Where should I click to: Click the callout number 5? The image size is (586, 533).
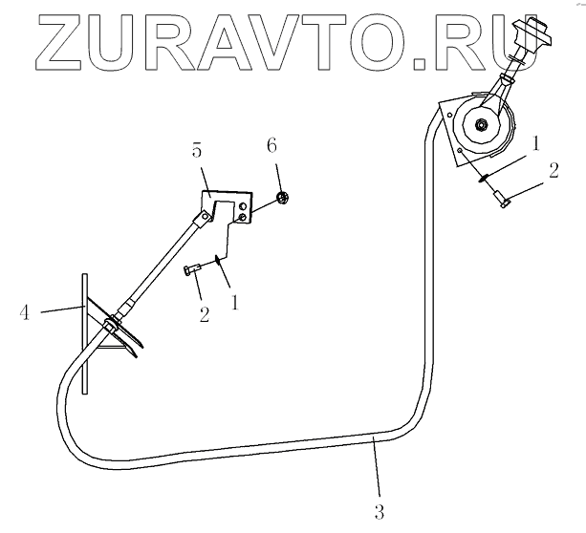click(197, 151)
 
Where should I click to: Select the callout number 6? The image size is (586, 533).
click(271, 146)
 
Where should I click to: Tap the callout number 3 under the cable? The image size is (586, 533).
click(380, 513)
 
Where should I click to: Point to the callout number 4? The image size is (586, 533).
click(27, 309)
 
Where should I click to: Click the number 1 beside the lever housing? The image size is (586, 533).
click(537, 143)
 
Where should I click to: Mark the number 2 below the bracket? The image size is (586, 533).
click(204, 313)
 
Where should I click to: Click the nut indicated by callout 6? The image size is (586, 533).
click(282, 198)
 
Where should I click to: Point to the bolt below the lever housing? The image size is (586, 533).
click(502, 197)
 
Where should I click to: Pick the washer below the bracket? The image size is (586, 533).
click(221, 255)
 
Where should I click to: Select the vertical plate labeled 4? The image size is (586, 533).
click(85, 330)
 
